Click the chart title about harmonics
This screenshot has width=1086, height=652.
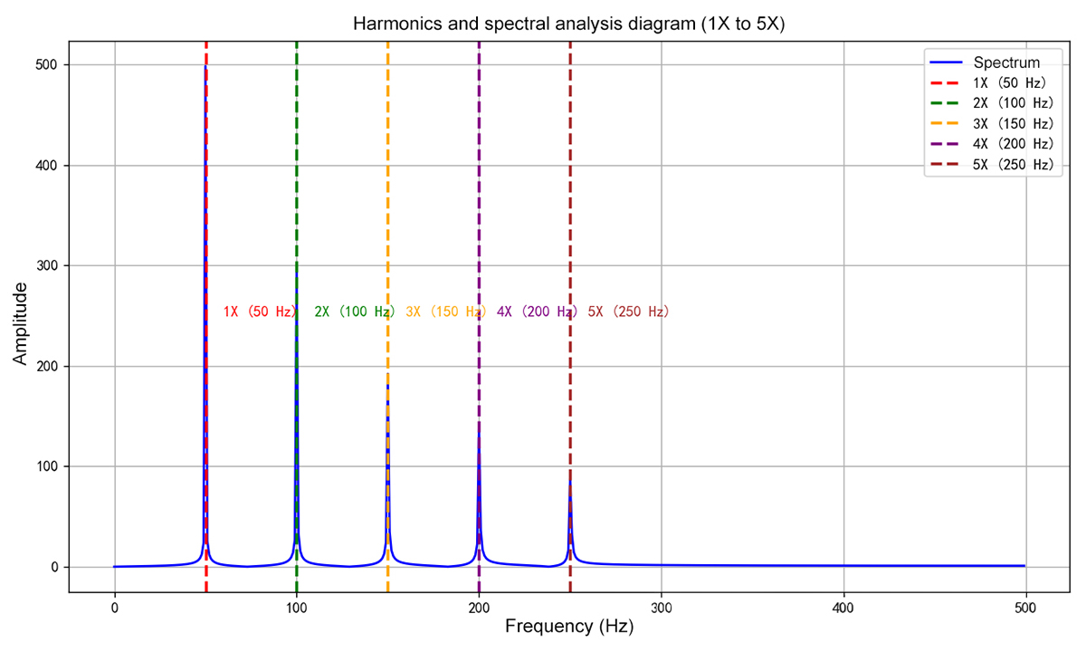[x=568, y=24]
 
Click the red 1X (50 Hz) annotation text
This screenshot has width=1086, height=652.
[x=260, y=312]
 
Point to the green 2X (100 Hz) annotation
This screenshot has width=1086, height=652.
[x=354, y=312]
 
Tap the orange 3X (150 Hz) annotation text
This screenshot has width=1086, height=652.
[x=445, y=312]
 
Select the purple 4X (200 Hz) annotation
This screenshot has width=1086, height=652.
[x=537, y=312]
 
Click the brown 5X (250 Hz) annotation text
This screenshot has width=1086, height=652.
[x=628, y=312]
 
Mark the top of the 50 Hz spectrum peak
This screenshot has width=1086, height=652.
[x=205, y=66]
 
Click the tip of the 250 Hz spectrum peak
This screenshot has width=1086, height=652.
[x=570, y=481]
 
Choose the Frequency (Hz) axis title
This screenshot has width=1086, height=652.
[x=569, y=627]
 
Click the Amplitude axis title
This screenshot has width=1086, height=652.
[x=20, y=323]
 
